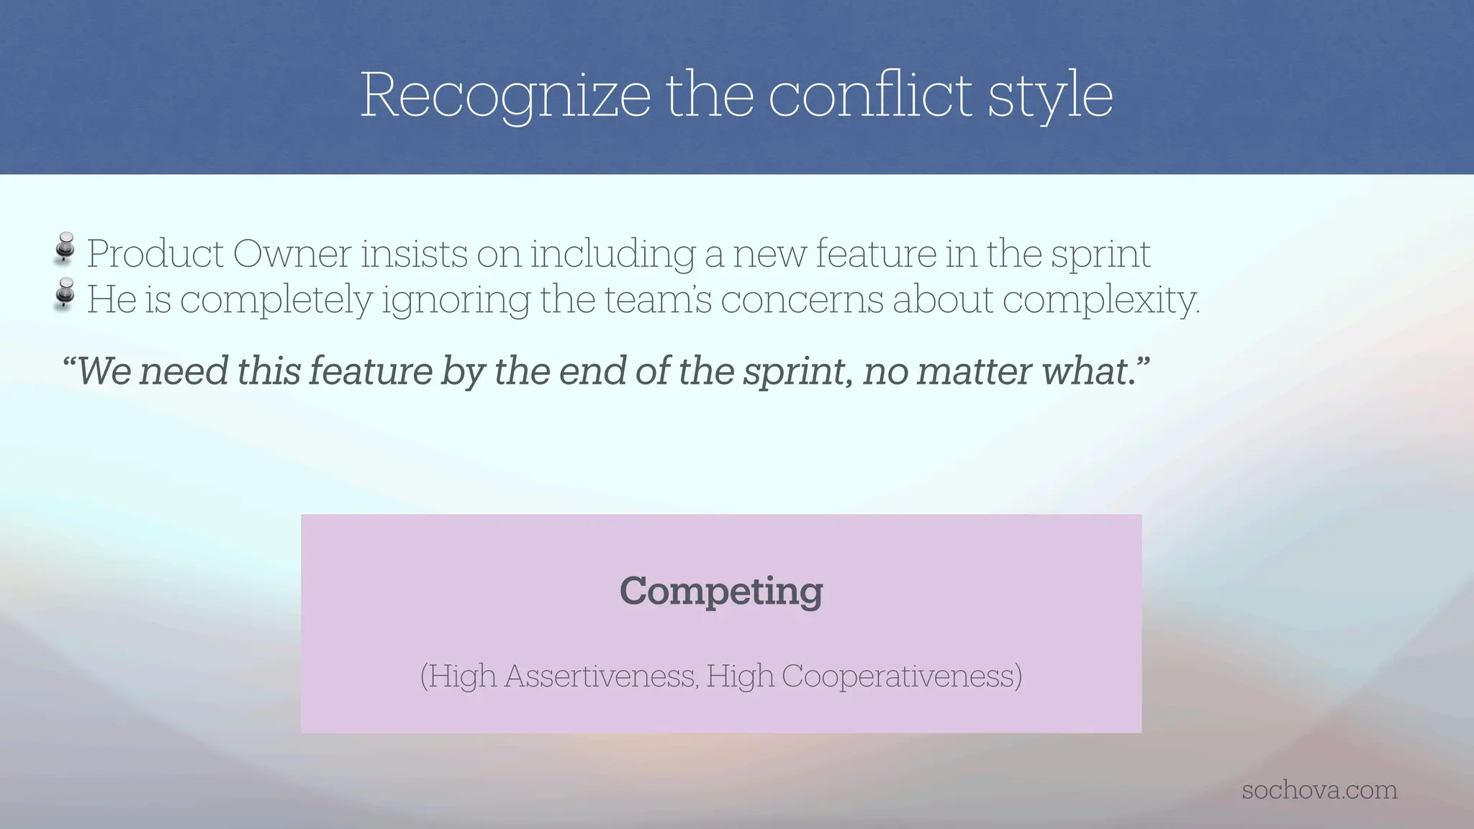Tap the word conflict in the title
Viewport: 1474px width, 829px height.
tap(871, 95)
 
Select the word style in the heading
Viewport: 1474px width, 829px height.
tap(1050, 95)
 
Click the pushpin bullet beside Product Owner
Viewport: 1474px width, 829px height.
tap(65, 248)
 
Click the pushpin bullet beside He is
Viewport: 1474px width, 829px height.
tap(65, 294)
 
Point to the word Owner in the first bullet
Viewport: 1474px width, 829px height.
tap(293, 253)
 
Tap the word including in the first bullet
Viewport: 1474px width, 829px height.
tap(612, 255)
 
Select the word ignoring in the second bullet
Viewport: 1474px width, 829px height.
tap(456, 301)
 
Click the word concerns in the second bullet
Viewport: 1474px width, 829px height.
tap(801, 299)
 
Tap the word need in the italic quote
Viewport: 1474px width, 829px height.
tap(184, 371)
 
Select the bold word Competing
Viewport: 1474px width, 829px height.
tap(721, 592)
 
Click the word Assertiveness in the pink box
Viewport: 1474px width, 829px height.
tap(600, 676)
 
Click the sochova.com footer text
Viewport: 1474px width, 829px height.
tap(1319, 790)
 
